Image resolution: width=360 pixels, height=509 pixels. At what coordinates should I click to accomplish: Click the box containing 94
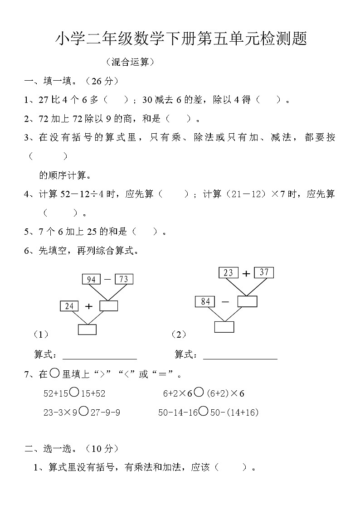click(91, 279)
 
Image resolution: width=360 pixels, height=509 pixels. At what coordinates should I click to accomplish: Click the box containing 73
click(124, 279)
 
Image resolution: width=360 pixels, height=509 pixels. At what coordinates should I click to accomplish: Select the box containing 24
click(69, 306)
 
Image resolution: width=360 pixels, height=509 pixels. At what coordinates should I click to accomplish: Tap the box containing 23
click(228, 273)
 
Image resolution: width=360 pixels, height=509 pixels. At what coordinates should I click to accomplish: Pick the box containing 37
click(264, 272)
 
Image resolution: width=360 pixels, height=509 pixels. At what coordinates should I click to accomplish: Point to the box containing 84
click(205, 301)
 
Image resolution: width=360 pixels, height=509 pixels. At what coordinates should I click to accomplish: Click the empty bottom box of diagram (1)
click(87, 330)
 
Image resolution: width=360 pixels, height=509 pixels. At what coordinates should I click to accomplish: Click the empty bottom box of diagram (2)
click(224, 327)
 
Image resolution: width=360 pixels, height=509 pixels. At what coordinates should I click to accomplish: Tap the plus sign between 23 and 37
click(246, 273)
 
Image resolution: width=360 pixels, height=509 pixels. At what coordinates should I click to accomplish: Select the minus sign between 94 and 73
click(107, 280)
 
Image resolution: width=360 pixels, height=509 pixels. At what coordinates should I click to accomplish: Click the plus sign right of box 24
click(89, 306)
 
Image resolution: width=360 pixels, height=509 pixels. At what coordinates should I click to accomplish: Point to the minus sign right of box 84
click(225, 301)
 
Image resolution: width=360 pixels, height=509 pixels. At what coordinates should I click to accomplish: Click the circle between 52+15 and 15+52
click(75, 393)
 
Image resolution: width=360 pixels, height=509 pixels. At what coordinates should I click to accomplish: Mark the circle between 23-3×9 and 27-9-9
click(83, 412)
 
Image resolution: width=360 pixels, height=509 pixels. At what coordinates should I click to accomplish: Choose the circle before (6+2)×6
click(199, 393)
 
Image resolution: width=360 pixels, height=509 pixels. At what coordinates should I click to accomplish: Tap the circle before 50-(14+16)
click(204, 412)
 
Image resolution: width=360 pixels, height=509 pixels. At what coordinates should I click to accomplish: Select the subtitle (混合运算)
click(129, 62)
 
